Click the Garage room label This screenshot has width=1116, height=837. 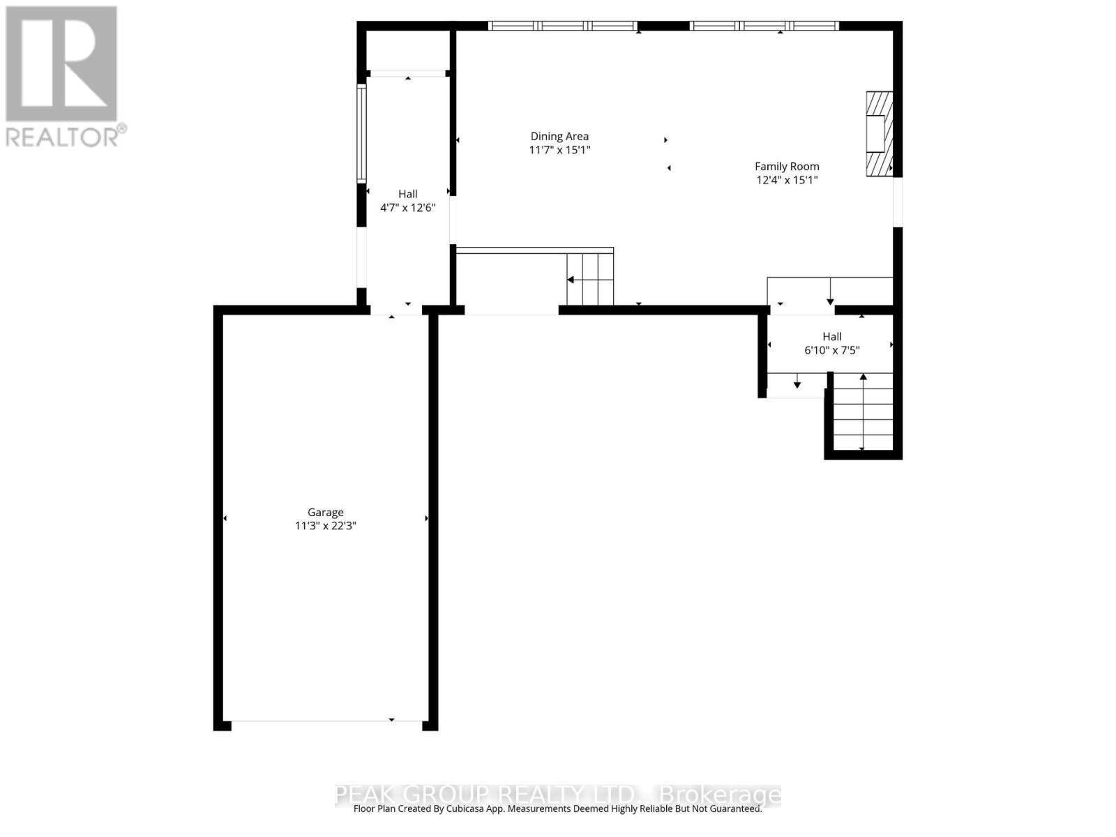point(326,512)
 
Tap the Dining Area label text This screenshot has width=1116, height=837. point(559,137)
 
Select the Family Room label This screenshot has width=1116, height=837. point(787,167)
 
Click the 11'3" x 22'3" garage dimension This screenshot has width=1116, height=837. point(326,526)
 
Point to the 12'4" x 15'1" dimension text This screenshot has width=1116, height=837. point(787,180)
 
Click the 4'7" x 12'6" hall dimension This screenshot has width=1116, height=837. point(408,208)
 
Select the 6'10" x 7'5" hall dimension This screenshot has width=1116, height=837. point(832,350)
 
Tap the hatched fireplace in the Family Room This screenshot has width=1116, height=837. point(879,133)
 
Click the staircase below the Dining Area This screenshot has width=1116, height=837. point(590,279)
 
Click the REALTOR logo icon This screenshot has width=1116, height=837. point(61,63)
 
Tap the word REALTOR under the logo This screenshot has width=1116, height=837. point(61,136)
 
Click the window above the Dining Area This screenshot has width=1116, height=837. point(562,26)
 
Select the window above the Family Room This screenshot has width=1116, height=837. point(764,26)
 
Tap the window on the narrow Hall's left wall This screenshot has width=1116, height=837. point(361,133)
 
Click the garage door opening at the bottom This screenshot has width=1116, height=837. point(326,721)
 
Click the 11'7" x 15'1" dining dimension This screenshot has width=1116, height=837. point(559,150)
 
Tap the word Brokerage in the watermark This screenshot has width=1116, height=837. point(720,794)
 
